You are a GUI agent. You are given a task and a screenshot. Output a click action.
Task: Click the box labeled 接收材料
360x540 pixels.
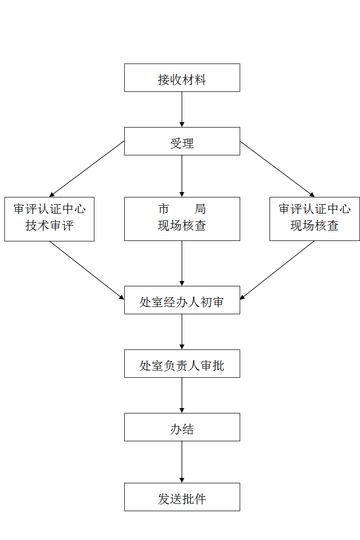pyautogui.click(x=182, y=78)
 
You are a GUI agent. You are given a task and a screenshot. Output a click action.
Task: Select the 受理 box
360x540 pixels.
pyautogui.click(x=182, y=141)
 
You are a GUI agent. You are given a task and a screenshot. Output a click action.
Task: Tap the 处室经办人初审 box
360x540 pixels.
pyautogui.click(x=182, y=300)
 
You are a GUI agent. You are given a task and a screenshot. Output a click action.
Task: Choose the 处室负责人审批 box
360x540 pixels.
pyautogui.click(x=182, y=364)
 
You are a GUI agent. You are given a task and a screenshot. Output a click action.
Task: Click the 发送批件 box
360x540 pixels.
pyautogui.click(x=182, y=497)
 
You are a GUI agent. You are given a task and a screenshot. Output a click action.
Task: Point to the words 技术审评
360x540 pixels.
pyautogui.click(x=49, y=226)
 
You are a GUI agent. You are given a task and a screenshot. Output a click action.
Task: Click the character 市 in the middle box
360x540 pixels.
pyautogui.click(x=164, y=210)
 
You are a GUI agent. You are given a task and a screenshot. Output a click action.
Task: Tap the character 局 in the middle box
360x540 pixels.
pyautogui.click(x=200, y=210)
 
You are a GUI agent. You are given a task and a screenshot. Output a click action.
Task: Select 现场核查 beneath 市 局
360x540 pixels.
pyautogui.click(x=182, y=226)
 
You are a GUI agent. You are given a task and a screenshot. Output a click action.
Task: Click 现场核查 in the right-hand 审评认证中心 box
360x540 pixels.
pyautogui.click(x=315, y=226)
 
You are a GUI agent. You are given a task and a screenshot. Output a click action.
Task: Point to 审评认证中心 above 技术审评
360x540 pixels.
pyautogui.click(x=49, y=210)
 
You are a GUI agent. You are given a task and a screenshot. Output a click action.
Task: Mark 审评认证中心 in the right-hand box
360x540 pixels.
pyautogui.click(x=315, y=210)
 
